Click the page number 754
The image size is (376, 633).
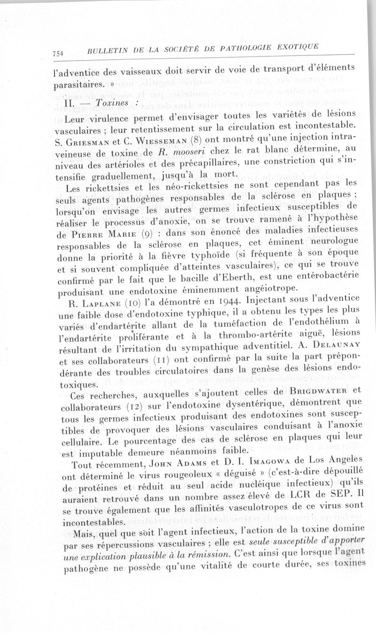click(x=60, y=53)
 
